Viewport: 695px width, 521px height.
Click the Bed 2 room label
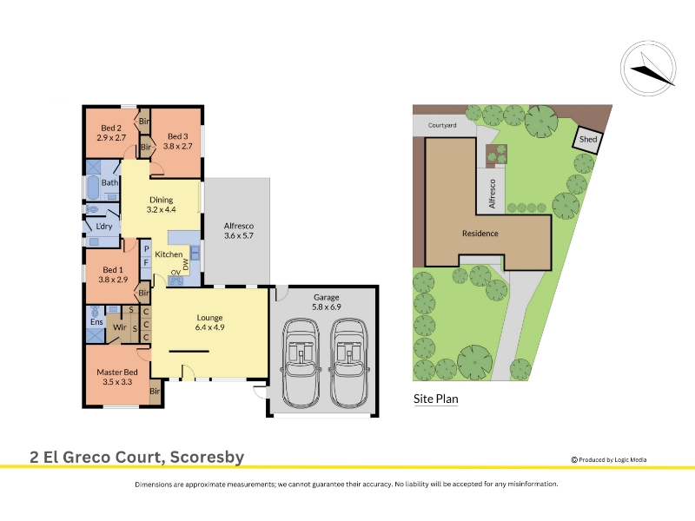111,128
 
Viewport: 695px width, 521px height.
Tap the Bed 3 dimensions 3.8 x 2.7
178,146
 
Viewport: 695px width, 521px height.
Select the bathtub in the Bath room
93,188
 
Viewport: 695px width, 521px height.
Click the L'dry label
104,227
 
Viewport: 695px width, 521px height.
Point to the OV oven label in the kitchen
175,272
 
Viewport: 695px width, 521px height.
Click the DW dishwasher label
185,265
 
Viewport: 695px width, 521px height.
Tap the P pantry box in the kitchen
146,249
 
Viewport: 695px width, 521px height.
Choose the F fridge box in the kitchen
146,263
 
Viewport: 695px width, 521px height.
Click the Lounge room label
209,318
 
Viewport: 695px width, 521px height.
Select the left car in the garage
301,363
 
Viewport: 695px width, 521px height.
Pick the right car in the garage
349,363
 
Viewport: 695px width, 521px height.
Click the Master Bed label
117,373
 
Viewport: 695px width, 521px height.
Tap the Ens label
96,322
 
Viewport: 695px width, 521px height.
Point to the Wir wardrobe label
120,327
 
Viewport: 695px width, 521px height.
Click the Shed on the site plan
589,139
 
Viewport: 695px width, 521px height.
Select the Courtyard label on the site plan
442,125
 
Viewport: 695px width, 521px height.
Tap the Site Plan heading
436,399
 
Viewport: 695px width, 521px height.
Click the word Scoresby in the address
207,457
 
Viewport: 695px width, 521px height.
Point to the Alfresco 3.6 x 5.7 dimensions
238,235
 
